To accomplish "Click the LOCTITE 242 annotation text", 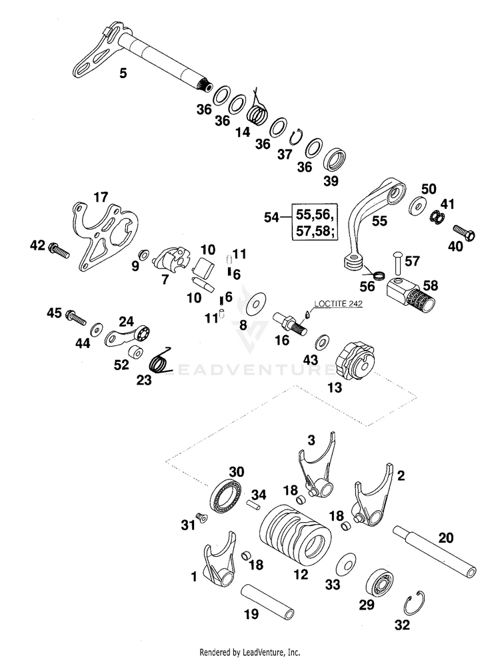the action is click(339, 303).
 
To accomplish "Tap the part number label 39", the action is click(331, 180).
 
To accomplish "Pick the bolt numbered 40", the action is click(464, 232).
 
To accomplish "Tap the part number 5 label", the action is click(123, 73).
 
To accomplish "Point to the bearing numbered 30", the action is click(227, 495).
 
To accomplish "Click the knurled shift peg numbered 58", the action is click(412, 296).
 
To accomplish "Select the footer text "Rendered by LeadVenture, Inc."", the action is click(249, 652).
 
